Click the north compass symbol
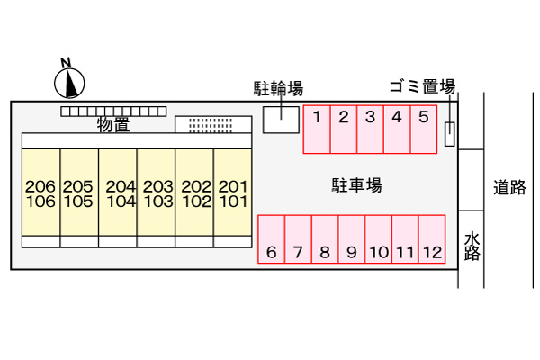(x=69, y=83)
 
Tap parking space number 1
(x=317, y=130)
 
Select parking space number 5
(x=424, y=130)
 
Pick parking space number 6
(x=272, y=239)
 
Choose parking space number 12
(x=432, y=239)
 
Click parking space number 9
(x=352, y=239)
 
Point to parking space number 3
(x=370, y=130)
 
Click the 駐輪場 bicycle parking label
(x=278, y=88)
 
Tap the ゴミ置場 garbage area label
(x=423, y=86)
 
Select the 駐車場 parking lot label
(x=356, y=185)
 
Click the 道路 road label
(x=509, y=187)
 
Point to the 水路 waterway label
(x=472, y=247)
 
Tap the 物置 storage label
(x=113, y=125)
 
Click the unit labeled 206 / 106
(x=41, y=193)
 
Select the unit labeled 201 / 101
(x=233, y=193)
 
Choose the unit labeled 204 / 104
(x=118, y=193)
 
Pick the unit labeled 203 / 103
(x=157, y=193)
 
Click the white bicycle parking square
(x=281, y=120)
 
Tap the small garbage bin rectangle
(x=449, y=134)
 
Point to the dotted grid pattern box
(x=213, y=124)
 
